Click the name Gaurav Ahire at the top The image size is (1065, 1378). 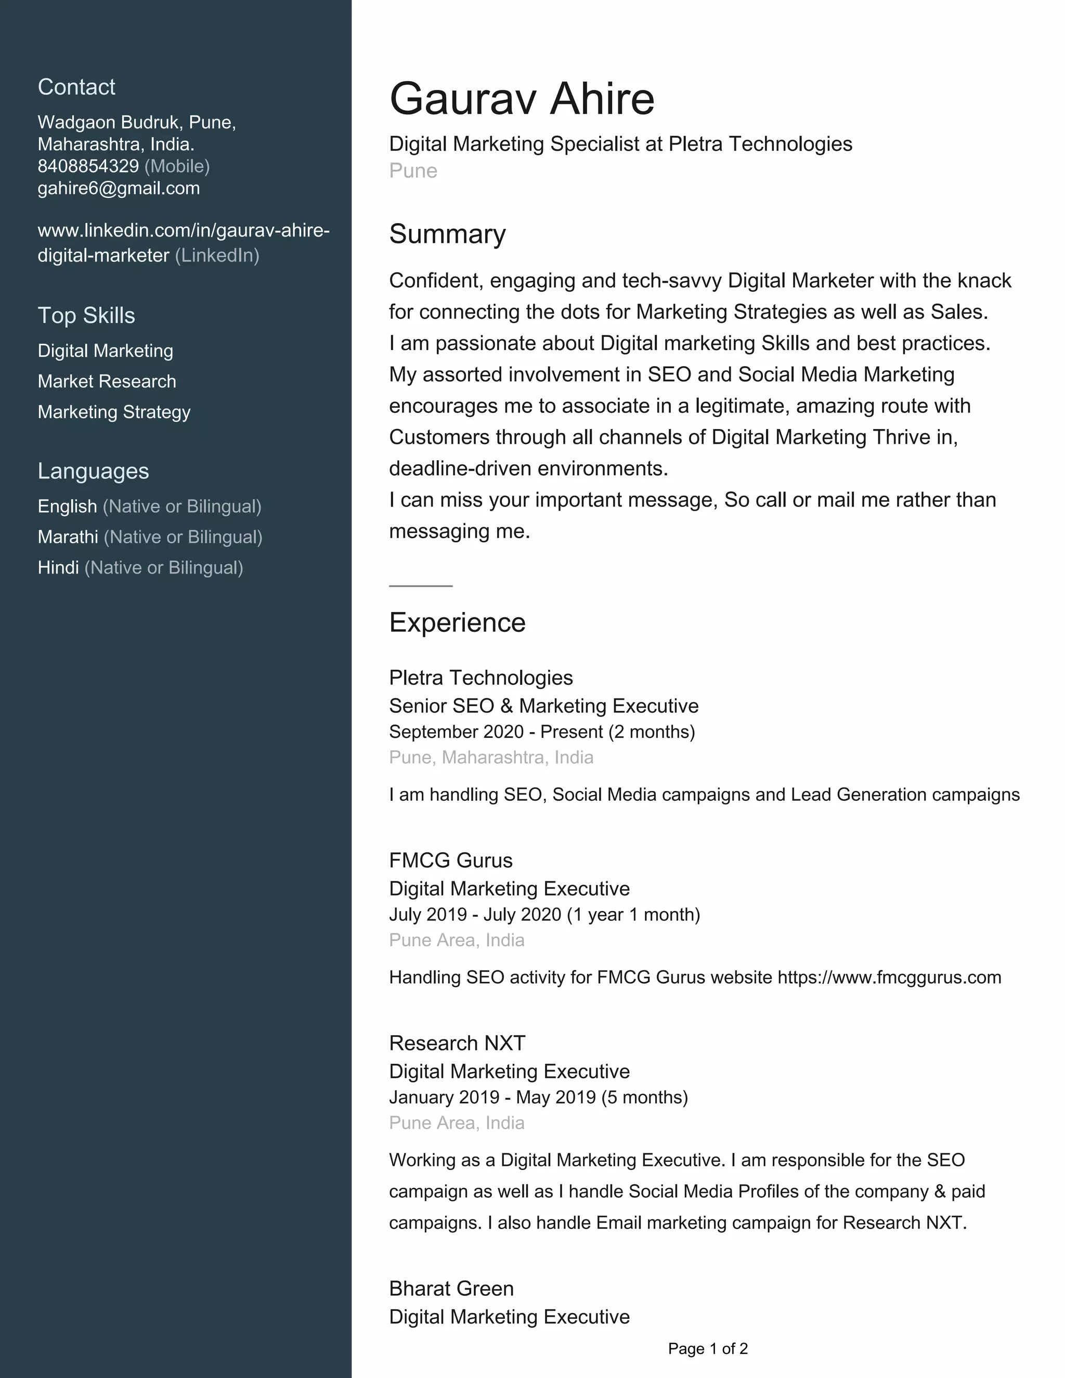[522, 99]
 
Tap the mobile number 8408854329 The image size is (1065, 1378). [88, 166]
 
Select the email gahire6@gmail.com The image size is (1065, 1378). [119, 189]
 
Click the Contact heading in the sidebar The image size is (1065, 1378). [76, 87]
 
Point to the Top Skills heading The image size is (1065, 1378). [86, 316]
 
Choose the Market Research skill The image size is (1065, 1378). [107, 382]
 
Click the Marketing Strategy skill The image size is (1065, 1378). [113, 412]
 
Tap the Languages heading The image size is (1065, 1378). [94, 471]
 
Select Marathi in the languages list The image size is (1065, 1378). [68, 537]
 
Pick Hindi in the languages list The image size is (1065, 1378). [58, 568]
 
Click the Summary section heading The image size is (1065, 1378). [447, 234]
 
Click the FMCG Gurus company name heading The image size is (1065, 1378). [450, 861]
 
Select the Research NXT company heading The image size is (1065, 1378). [457, 1043]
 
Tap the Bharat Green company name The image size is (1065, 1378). [451, 1289]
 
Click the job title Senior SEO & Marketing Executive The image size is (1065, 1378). [544, 706]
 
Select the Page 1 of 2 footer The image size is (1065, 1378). [708, 1349]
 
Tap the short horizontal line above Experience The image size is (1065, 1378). [421, 586]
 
